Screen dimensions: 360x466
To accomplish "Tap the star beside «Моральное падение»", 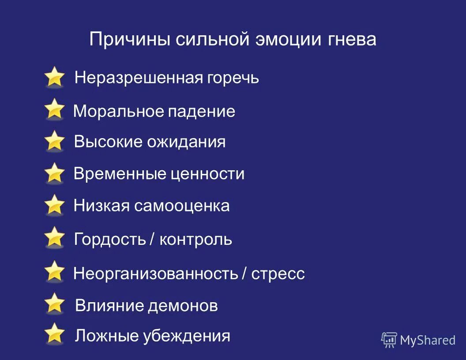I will [54, 109].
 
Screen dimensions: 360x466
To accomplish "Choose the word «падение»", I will [201, 111].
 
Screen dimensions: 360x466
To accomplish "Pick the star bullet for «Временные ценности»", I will [54, 173].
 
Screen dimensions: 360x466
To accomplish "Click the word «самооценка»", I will [182, 206].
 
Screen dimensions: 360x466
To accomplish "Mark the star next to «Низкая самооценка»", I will [54, 205].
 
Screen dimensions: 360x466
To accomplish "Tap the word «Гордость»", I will [110, 240].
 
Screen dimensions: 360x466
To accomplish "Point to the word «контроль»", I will [195, 240].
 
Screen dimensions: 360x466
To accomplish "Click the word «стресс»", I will [278, 274].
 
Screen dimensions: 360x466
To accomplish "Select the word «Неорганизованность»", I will [155, 274].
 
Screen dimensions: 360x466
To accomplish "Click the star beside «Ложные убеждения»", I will [54, 334].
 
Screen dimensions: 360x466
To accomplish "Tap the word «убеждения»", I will [186, 336].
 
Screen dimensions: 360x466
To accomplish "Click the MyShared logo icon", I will [389, 340].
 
